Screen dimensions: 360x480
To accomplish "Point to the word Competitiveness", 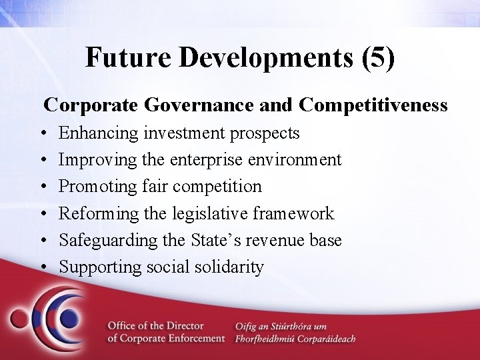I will click(x=373, y=105).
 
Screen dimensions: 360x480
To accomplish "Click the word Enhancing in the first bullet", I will click(x=99, y=133).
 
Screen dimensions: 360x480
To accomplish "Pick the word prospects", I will click(x=265, y=133).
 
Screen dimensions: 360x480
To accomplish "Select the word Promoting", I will click(x=99, y=187).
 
